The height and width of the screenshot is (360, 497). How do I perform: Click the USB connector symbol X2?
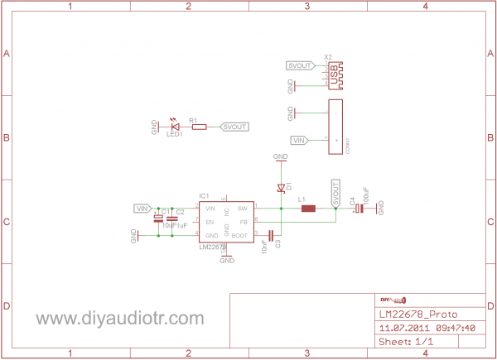point(335,76)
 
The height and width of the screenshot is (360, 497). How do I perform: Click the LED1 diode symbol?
point(175,127)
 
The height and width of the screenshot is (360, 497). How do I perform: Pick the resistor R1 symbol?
point(199,127)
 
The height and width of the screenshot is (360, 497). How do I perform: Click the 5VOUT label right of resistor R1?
point(235,127)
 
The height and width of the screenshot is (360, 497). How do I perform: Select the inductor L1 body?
point(308,208)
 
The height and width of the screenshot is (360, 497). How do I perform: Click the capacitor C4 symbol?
point(359,209)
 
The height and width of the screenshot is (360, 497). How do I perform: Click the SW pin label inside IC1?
point(243,208)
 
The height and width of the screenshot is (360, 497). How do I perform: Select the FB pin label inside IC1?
point(244,222)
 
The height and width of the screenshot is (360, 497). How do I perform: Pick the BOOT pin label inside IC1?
point(240,236)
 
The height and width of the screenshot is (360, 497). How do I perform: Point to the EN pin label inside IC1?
point(210,222)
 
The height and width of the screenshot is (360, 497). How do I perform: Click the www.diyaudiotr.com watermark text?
point(119,319)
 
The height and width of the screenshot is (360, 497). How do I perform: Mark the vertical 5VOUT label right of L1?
point(336,192)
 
